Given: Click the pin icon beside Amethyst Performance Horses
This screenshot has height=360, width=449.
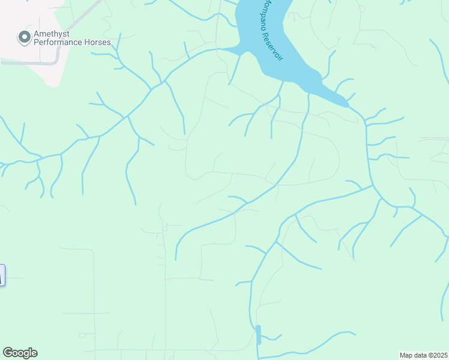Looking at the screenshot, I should tap(24, 38).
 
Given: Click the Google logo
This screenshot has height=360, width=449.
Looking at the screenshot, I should tap(20, 353).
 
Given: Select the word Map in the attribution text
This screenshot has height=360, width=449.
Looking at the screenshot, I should tap(406, 355).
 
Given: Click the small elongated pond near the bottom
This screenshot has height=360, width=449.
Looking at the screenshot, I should tap(259, 334).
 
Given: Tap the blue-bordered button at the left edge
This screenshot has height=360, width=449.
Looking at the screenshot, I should tap(1, 275).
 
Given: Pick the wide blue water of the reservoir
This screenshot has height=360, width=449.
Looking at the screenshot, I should tap(258, 30).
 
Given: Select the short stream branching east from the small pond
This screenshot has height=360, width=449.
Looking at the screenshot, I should tap(271, 338).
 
